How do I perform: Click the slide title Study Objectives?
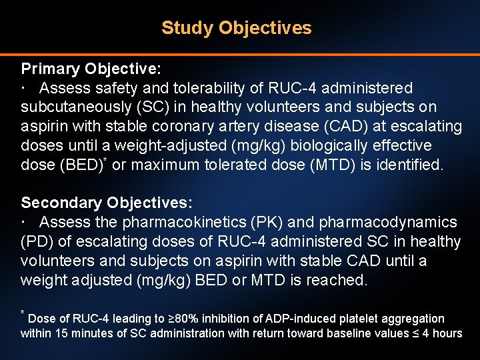click(x=236, y=28)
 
